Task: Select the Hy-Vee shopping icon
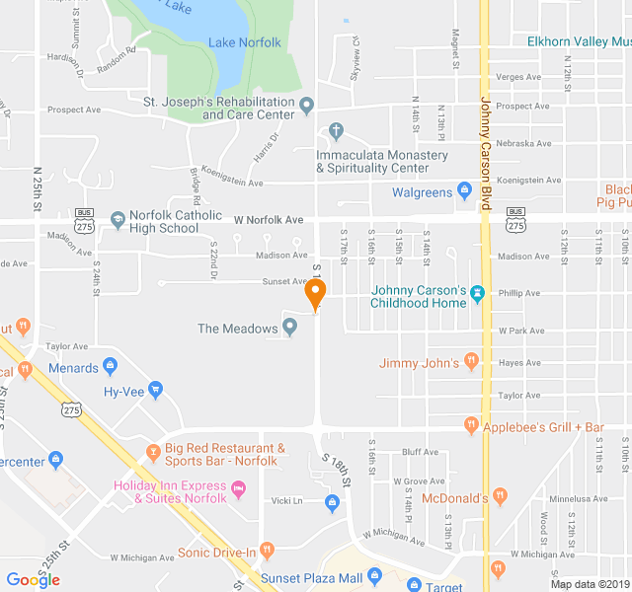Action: point(155,390)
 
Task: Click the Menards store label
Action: point(74,368)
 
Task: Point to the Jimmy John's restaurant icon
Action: point(471,363)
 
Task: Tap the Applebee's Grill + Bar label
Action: point(542,427)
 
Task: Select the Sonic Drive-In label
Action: point(217,552)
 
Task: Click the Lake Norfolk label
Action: point(244,42)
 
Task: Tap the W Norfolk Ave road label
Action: point(268,219)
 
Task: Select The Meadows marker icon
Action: point(290,328)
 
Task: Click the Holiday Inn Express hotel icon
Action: point(238,488)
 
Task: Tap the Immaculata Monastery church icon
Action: point(335,130)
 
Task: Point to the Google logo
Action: point(33,579)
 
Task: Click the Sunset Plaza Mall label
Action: point(306,577)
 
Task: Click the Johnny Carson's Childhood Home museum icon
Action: point(478,292)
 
